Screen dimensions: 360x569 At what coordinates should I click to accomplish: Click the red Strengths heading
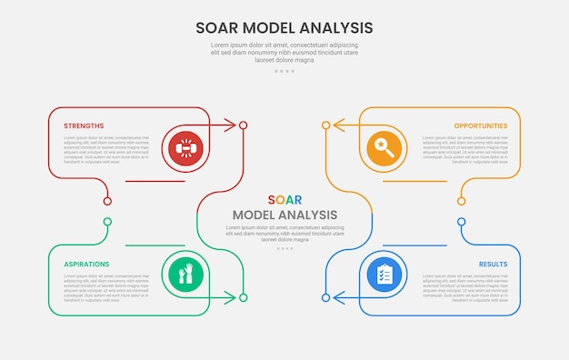point(84,125)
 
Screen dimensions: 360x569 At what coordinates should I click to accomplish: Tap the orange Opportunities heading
point(481,125)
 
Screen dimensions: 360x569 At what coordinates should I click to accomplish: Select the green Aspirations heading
point(86,264)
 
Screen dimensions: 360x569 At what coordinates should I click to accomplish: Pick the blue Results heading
point(494,264)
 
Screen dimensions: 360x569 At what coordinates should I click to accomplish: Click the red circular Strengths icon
point(185,147)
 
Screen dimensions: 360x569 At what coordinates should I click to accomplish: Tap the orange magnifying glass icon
point(384,147)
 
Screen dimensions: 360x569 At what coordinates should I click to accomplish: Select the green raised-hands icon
point(185,275)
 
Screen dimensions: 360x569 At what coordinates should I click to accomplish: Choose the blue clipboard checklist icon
point(384,275)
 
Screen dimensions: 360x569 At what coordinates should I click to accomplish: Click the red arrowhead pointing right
point(229,125)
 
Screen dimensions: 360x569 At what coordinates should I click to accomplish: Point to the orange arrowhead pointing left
point(339,125)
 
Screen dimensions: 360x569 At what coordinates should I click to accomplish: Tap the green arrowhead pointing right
point(229,297)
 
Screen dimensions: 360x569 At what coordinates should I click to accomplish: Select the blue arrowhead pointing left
point(339,297)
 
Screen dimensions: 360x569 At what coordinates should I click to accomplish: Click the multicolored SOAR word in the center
point(284,200)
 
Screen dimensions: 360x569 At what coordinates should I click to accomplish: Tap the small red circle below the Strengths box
point(107,201)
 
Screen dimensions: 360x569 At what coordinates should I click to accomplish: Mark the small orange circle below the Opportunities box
point(462,201)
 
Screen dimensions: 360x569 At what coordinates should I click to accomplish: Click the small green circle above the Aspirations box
point(107,222)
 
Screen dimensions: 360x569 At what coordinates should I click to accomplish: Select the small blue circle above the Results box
point(462,222)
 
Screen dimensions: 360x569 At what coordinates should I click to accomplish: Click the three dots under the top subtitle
point(284,71)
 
